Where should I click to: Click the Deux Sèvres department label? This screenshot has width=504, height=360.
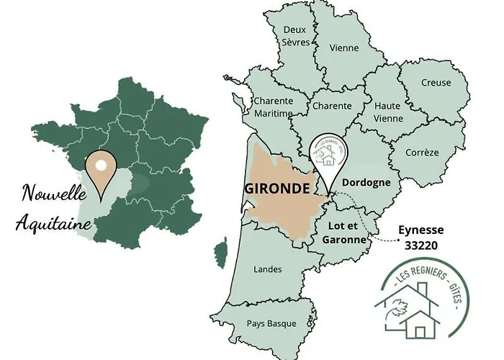click(296, 36)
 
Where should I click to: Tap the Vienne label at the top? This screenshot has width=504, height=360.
click(343, 48)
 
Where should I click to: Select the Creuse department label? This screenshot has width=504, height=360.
click(436, 82)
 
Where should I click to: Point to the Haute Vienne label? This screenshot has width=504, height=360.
click(387, 112)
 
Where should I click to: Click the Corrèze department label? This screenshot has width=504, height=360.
click(422, 153)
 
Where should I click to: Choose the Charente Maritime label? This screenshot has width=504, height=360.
click(273, 107)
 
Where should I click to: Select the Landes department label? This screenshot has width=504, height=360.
click(268, 269)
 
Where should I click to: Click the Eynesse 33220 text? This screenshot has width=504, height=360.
click(421, 237)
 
